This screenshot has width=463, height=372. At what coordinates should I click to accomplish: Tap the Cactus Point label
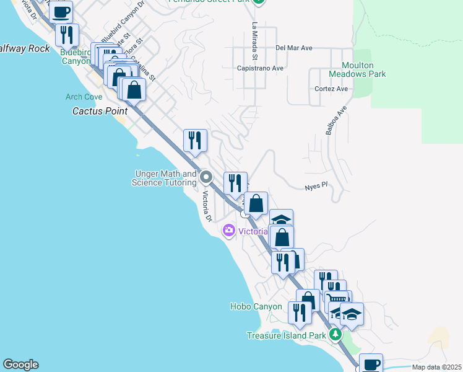pos(100,112)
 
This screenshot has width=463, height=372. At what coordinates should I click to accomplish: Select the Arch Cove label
pos(84,97)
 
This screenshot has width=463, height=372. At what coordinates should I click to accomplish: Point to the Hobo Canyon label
pos(256,306)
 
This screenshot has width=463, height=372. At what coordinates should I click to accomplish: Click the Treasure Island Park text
pos(286,335)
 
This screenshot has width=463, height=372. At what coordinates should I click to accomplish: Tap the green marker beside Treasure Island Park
pos(335,335)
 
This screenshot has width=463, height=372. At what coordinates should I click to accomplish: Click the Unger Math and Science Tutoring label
pos(164,179)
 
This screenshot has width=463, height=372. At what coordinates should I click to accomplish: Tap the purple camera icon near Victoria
pos(229,231)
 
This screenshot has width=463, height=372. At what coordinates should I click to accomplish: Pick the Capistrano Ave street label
pos(260,68)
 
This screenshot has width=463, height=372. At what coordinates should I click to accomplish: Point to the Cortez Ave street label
pos(329,89)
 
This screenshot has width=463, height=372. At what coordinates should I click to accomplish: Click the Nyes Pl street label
pos(316,187)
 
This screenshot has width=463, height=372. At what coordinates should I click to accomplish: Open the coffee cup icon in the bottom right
pos(371,363)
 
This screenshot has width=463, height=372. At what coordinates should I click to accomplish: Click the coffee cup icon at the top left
pos(61,11)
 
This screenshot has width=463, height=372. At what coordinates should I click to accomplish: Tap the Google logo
pos(20,365)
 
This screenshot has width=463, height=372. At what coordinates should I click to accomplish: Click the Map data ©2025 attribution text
pos(436,367)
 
